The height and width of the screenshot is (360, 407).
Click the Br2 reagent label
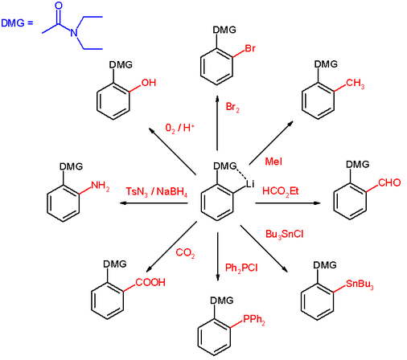click(232, 107)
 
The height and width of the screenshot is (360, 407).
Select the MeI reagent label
click(273, 162)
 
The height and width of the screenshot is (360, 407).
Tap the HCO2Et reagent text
click(281, 191)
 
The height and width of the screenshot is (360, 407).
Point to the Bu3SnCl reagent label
click(285, 235)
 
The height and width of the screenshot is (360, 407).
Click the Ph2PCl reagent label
click(241, 268)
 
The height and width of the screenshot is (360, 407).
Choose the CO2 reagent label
click(185, 253)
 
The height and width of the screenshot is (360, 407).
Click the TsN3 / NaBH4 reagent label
click(157, 192)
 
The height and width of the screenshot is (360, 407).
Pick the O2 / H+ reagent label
click(179, 129)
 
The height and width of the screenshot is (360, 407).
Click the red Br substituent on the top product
click(250, 48)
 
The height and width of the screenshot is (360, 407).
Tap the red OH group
click(149, 83)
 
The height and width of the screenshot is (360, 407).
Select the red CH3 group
click(355, 84)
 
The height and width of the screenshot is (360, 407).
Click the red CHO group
click(389, 182)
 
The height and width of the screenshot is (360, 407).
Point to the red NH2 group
click(101, 186)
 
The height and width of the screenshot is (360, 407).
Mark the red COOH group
click(150, 282)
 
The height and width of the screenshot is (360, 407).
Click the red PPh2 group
click(254, 320)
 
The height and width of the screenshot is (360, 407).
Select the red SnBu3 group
click(360, 284)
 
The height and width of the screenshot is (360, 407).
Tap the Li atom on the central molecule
click(250, 184)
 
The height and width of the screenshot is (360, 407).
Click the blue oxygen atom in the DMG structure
click(58, 6)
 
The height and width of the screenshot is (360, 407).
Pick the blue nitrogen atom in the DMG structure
click(74, 32)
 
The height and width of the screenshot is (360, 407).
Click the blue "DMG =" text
click(17, 23)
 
